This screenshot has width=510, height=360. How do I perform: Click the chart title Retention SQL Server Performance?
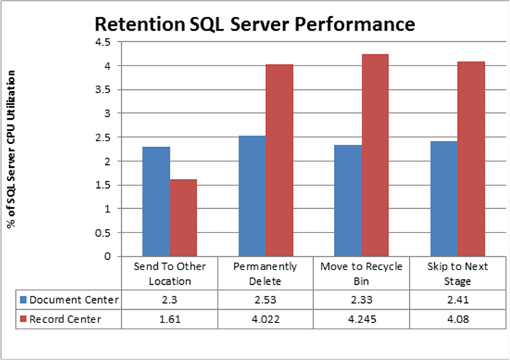[255, 24]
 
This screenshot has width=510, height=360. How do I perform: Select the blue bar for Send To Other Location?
[156, 201]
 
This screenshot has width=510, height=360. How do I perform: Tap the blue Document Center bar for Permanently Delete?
[252, 196]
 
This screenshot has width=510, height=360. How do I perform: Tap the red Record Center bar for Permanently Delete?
[280, 160]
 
